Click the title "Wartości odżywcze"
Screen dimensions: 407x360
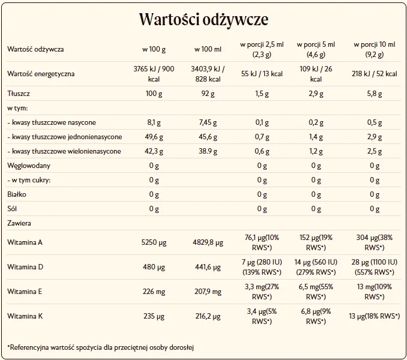(x=203, y=20)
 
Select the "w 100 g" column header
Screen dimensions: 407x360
(x=154, y=49)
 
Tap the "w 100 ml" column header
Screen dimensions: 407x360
(x=208, y=49)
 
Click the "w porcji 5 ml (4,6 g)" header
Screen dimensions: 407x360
(x=316, y=49)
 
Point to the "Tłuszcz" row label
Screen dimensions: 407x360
(x=19, y=94)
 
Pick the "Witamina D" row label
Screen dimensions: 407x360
(x=25, y=266)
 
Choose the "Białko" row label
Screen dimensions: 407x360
(x=17, y=194)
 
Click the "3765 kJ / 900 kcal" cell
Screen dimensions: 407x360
(x=154, y=74)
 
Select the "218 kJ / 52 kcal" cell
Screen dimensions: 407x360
(x=375, y=74)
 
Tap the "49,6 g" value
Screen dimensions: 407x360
(x=154, y=137)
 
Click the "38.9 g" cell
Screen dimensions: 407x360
(x=208, y=151)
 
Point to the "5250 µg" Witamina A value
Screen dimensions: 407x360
(x=154, y=242)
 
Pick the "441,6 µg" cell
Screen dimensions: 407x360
(x=208, y=267)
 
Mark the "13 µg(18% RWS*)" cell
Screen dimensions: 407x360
(x=375, y=316)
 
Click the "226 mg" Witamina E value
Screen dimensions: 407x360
(x=154, y=292)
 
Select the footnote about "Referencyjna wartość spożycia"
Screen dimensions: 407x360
(x=101, y=347)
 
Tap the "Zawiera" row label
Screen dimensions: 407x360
(x=19, y=223)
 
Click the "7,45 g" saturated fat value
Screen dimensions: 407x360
(x=208, y=122)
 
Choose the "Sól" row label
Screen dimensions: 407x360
(x=12, y=209)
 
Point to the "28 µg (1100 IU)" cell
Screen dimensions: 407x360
(x=375, y=262)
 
